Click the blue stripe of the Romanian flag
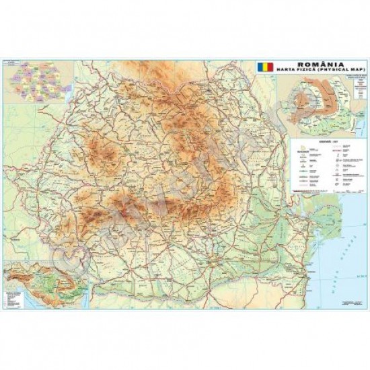(x=260, y=68)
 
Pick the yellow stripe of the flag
(x=264, y=68)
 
